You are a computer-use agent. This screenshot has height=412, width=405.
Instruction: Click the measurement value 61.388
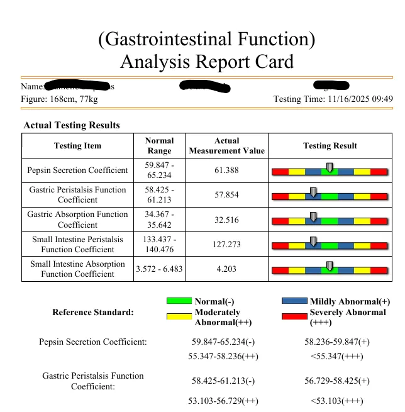pyautogui.click(x=227, y=170)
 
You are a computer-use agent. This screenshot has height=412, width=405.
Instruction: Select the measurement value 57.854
pyautogui.click(x=227, y=195)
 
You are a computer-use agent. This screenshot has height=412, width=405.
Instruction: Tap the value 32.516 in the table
pyautogui.click(x=227, y=220)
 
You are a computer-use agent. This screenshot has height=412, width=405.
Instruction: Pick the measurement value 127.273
pyautogui.click(x=227, y=244)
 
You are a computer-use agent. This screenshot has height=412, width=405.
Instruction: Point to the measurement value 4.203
pyautogui.click(x=227, y=269)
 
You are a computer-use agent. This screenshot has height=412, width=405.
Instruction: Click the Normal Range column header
pyautogui.click(x=158, y=146)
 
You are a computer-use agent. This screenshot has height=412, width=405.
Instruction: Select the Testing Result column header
pyautogui.click(x=330, y=146)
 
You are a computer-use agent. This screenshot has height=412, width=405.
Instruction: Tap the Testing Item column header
pyautogui.click(x=77, y=146)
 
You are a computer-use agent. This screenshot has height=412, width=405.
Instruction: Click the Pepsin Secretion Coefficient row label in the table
pyautogui.click(x=77, y=170)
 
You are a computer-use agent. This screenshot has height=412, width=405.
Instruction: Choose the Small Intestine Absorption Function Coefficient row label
pyautogui.click(x=77, y=269)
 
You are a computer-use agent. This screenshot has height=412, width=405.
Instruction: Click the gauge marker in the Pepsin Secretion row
pyautogui.click(x=330, y=167)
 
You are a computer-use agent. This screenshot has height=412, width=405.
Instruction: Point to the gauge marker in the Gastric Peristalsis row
pyautogui.click(x=313, y=191)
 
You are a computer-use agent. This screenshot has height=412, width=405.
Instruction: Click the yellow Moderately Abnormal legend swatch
pyautogui.click(x=179, y=316)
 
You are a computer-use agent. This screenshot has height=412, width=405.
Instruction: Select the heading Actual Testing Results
pyautogui.click(x=71, y=125)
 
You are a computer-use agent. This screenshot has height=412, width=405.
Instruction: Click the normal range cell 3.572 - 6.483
pyautogui.click(x=158, y=269)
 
